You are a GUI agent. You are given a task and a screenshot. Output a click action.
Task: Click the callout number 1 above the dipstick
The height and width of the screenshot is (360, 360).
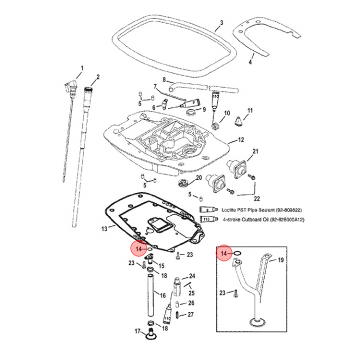click(82, 68)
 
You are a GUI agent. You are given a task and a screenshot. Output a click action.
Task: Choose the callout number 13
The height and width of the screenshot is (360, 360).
click(104, 228)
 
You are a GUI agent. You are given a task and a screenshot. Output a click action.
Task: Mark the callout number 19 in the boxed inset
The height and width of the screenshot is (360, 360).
click(280, 260)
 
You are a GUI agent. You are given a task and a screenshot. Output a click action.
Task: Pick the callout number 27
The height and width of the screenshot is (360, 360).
click(190, 314)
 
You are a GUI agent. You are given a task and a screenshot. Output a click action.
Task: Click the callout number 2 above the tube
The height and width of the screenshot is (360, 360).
click(98, 77)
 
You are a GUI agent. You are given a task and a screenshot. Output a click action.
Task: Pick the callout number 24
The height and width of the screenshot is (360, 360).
click(192, 276)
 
